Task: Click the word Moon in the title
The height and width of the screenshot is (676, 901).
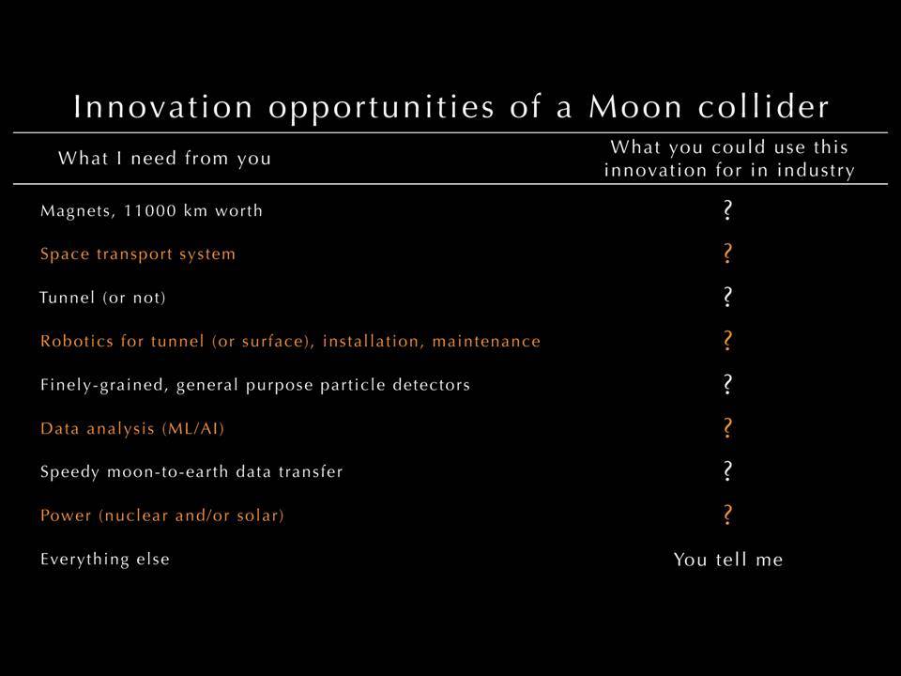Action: [x=635, y=107]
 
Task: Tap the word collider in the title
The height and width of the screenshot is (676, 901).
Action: [x=764, y=106]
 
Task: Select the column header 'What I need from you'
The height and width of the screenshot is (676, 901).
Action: [x=164, y=158]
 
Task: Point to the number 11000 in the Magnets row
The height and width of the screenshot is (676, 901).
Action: [x=150, y=210]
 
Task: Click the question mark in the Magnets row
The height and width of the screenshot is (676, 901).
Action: [x=727, y=210]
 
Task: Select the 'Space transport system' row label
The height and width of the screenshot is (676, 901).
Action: [x=138, y=254]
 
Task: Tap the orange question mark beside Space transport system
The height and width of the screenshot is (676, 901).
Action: [x=727, y=253]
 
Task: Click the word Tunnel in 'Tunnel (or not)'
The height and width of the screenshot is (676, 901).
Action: [x=67, y=298]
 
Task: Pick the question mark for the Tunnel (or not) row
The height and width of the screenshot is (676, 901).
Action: [x=727, y=298]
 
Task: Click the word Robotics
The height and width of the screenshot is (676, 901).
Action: [x=77, y=341]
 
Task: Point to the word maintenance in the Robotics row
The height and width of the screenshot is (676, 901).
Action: [x=486, y=341]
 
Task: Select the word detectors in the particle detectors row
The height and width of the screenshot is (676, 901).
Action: [x=431, y=385]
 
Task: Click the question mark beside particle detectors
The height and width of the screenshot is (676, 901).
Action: [x=727, y=384]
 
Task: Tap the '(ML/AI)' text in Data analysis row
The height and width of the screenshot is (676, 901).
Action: [x=193, y=429]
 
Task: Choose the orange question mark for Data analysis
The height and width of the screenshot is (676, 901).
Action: [x=727, y=428]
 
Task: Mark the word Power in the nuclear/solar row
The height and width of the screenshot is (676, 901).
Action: [x=66, y=515]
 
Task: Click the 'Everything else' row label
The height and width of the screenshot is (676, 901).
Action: [x=105, y=560]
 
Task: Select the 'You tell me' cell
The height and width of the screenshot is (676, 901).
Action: [x=728, y=560]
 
